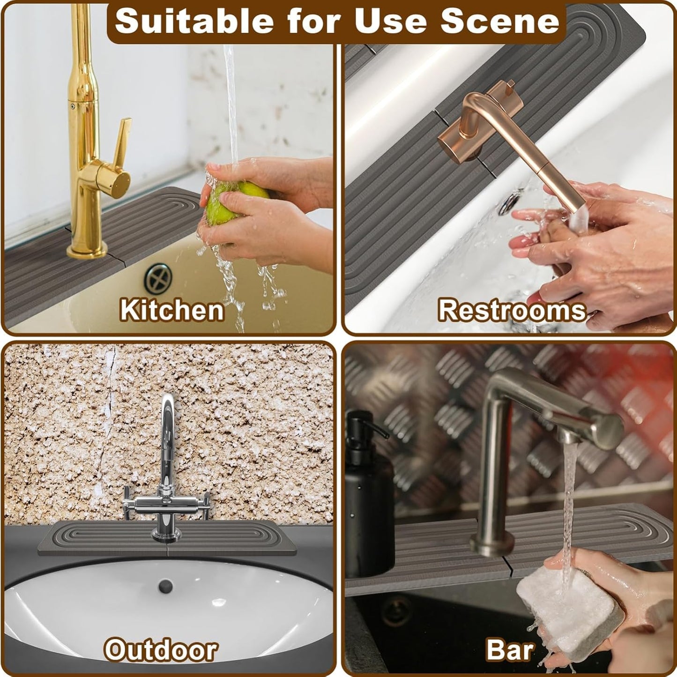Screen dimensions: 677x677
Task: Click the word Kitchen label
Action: [x=171, y=310]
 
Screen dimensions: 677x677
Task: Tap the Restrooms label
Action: [x=512, y=310]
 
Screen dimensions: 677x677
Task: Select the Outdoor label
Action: [x=161, y=650]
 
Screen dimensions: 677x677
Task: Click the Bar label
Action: [x=510, y=650]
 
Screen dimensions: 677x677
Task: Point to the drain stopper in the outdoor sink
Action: [x=165, y=586]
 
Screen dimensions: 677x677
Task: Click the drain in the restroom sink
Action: [x=508, y=203]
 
